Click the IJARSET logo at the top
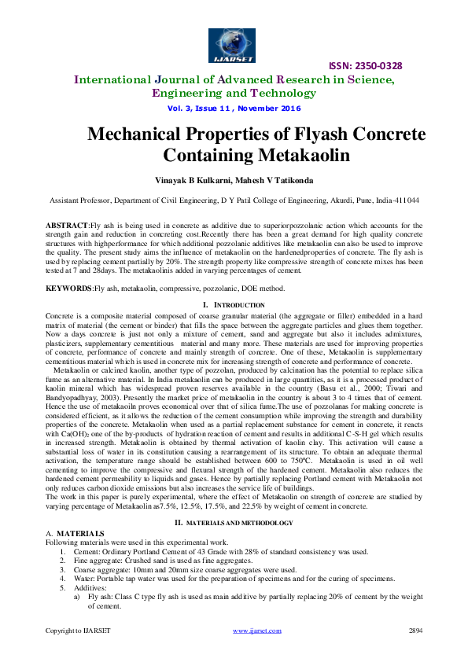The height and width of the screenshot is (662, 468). [233, 45]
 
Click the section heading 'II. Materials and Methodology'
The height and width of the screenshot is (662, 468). [234, 523]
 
